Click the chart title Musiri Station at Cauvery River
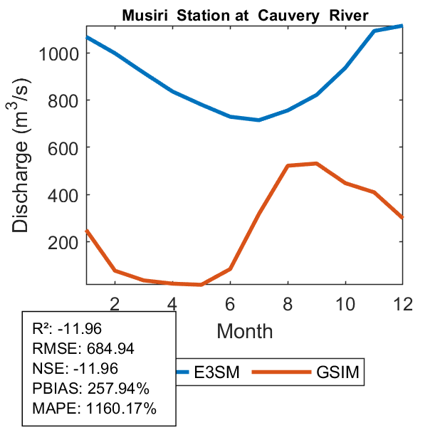tap(244, 15)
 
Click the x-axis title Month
tap(244, 330)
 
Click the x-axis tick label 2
tap(115, 303)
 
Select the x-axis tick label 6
tap(230, 303)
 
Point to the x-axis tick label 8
tap(288, 303)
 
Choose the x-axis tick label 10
tap(345, 303)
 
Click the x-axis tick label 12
tap(403, 303)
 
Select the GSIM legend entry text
tap(337, 372)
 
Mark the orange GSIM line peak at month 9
tap(316, 163)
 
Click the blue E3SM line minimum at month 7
tap(258, 120)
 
